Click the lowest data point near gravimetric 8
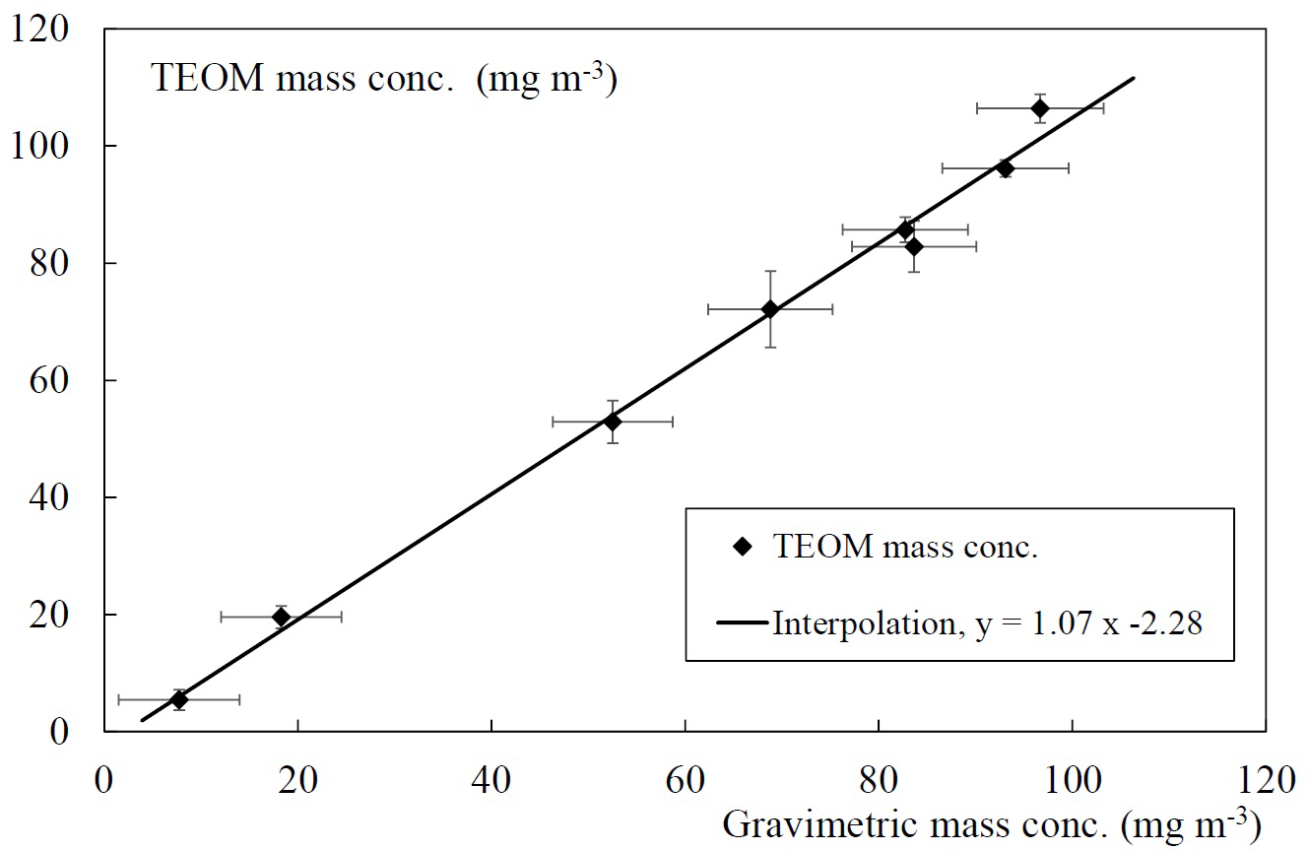click(x=178, y=699)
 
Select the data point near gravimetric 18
click(x=281, y=617)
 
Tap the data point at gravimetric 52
click(x=613, y=422)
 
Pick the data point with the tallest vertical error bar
click(x=770, y=309)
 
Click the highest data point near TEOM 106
click(x=1039, y=108)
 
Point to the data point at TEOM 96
click(x=1005, y=168)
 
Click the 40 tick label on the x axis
click(x=490, y=779)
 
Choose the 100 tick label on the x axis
click(x=1071, y=779)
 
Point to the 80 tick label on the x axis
click(x=878, y=779)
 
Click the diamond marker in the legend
click(x=744, y=546)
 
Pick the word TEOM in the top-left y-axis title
click(x=207, y=78)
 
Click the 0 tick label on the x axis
click(x=103, y=779)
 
